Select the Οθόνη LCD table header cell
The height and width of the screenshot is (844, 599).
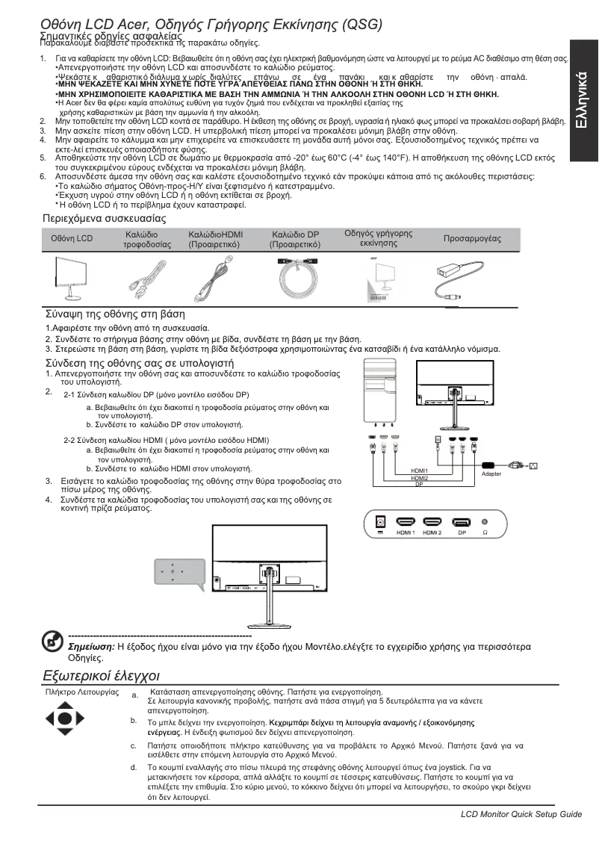pyautogui.click(x=72, y=238)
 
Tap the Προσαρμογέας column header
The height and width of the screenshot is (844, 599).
pyautogui.click(x=472, y=238)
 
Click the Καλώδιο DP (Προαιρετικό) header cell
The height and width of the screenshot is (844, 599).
pyautogui.click(x=296, y=239)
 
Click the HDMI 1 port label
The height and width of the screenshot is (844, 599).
pyautogui.click(x=406, y=533)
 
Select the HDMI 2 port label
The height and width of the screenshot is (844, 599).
pyautogui.click(x=432, y=533)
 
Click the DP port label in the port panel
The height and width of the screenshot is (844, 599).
pyautogui.click(x=462, y=533)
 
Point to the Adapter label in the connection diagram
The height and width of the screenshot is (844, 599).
pyautogui.click(x=491, y=474)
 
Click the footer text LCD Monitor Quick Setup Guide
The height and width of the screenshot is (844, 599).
pyautogui.click(x=521, y=813)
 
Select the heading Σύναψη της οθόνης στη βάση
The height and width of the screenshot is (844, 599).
pyautogui.click(x=116, y=314)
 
